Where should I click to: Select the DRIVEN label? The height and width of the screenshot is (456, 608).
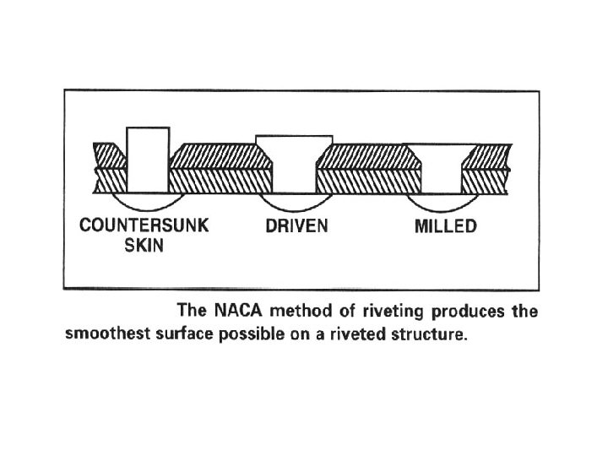pyautogui.click(x=295, y=227)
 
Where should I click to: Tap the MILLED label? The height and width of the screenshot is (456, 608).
pyautogui.click(x=445, y=227)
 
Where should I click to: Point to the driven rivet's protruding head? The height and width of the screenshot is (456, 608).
pyautogui.click(x=294, y=140)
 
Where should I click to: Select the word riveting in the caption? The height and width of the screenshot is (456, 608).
pyautogui.click(x=358, y=312)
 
